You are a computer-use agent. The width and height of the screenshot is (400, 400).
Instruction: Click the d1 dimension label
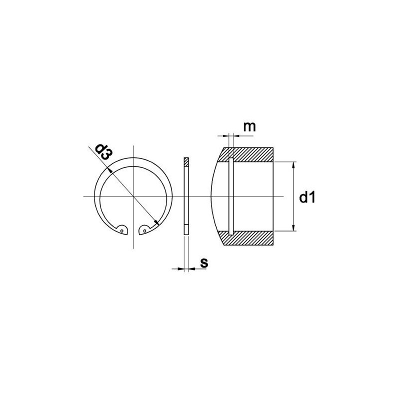(307, 197)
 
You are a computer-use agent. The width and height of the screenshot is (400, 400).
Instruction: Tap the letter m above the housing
(249, 127)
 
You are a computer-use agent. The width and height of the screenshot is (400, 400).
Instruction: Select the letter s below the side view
(204, 263)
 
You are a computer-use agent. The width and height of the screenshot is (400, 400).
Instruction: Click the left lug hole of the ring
(122, 231)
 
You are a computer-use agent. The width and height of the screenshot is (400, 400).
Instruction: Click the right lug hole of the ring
(144, 231)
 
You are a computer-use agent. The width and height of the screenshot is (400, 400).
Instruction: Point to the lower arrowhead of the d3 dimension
(156, 222)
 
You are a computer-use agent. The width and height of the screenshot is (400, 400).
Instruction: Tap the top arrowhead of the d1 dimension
(293, 165)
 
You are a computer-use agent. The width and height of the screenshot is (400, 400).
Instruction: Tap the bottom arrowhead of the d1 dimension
(293, 228)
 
